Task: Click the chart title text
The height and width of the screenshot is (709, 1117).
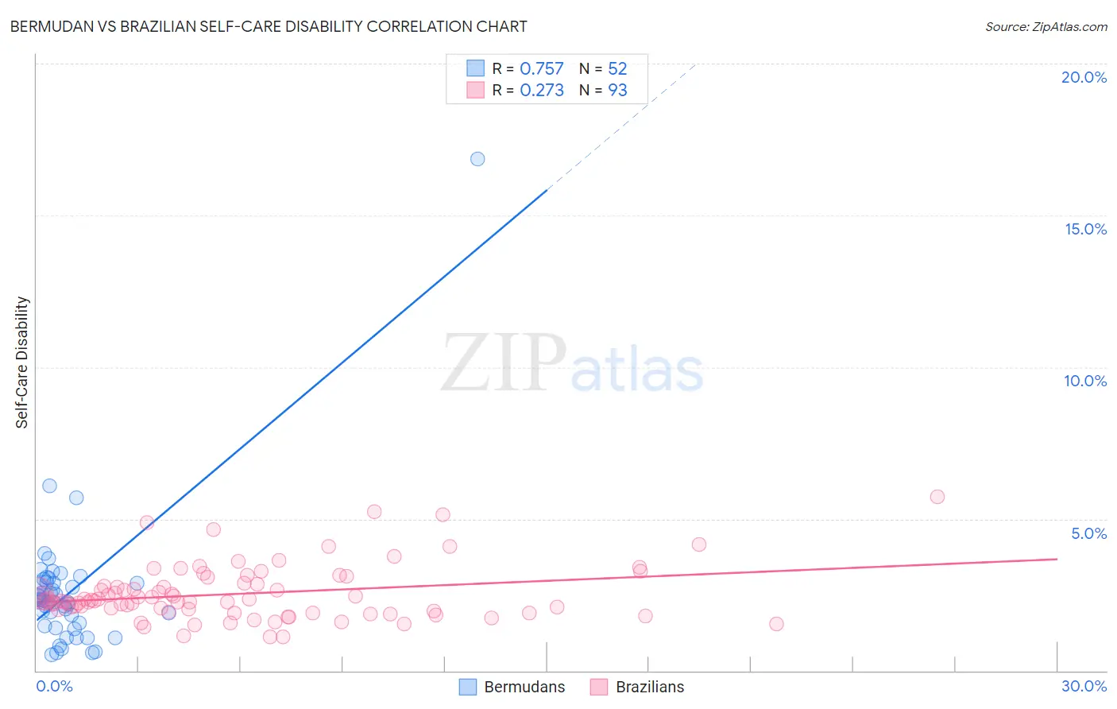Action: [269, 26]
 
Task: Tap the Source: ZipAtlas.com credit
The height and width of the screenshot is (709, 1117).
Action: [1045, 26]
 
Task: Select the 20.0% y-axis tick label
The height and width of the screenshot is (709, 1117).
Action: [1084, 77]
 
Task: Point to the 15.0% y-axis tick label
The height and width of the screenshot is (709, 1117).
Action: [1085, 229]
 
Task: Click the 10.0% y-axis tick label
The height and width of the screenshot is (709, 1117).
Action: [1085, 381]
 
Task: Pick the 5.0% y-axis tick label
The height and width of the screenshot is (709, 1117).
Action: [1088, 533]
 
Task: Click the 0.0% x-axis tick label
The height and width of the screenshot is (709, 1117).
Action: [54, 686]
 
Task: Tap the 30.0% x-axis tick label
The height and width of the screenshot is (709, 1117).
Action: [1084, 686]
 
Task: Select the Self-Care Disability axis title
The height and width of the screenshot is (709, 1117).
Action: [22, 362]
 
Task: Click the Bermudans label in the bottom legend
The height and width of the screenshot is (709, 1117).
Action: [524, 687]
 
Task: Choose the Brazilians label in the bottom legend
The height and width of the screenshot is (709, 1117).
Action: [650, 687]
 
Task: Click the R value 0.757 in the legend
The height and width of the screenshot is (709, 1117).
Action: [541, 69]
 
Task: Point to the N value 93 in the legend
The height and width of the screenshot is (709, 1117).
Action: [617, 91]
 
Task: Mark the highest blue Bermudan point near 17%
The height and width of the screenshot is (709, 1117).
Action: [477, 159]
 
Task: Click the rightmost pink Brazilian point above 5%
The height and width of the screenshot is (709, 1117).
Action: [937, 497]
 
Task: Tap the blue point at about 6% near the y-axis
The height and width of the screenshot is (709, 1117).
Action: [49, 486]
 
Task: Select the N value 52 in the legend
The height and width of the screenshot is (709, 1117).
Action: [617, 69]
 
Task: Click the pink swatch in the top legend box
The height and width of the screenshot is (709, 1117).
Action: [475, 90]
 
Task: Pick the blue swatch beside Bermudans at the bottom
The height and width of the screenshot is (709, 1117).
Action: [468, 687]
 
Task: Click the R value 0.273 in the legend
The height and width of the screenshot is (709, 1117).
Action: [541, 91]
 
